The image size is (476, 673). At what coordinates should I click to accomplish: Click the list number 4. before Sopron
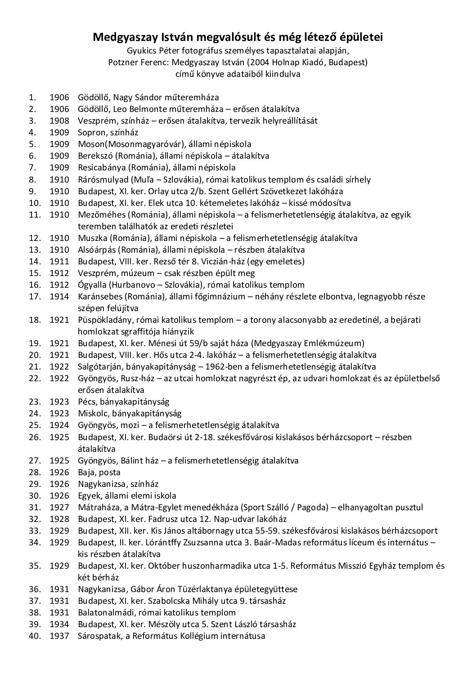[x=32, y=133]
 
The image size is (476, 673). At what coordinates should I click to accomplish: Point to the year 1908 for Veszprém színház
[x=59, y=121]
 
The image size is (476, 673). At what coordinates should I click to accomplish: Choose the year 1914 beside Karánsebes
[x=59, y=296]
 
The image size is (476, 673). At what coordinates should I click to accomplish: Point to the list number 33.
[x=35, y=530]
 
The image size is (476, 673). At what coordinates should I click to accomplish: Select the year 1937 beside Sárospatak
[x=59, y=636]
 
